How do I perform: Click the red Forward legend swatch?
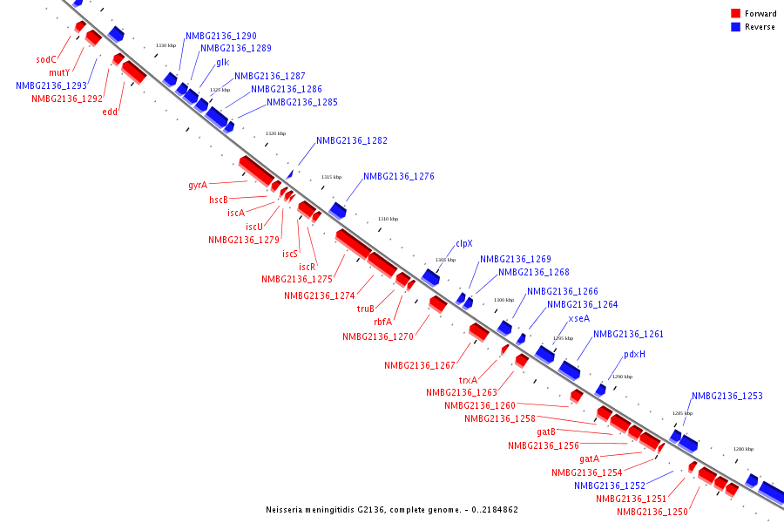click(x=736, y=14)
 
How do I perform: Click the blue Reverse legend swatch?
click(x=736, y=27)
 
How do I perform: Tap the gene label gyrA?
click(x=198, y=185)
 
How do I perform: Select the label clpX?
click(x=464, y=244)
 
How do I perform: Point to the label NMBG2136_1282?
click(x=352, y=140)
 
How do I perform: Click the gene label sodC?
click(x=46, y=60)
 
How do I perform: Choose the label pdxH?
click(x=634, y=355)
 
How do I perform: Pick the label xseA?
click(x=578, y=319)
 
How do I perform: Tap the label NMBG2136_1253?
click(x=727, y=397)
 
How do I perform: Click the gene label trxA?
click(x=469, y=380)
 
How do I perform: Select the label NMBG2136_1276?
click(x=398, y=177)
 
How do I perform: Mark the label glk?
click(x=223, y=63)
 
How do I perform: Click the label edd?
click(x=110, y=112)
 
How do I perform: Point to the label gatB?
click(x=546, y=432)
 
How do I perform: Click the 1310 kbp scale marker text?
click(x=388, y=219)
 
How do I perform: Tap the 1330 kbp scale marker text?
click(x=166, y=45)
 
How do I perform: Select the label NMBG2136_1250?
click(x=652, y=512)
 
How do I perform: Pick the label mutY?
click(x=59, y=72)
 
